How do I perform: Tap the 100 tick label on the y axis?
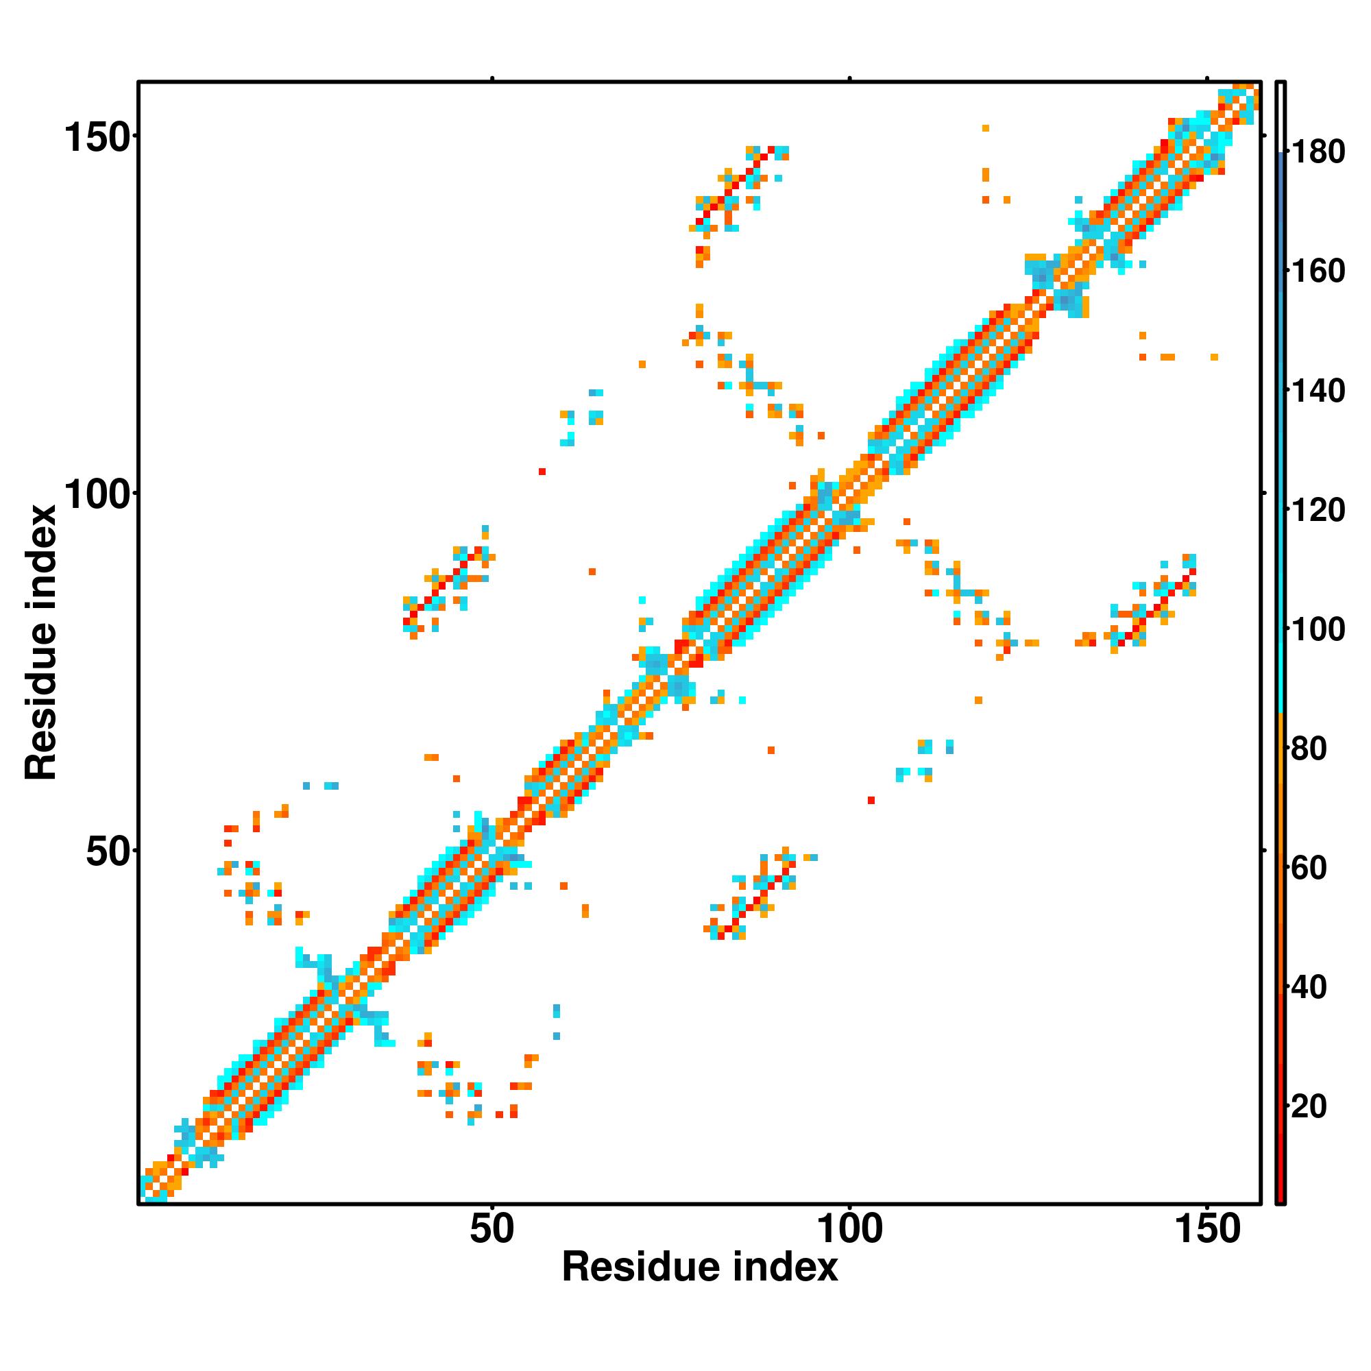[97, 494]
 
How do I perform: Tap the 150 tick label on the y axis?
[97, 137]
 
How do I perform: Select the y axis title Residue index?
[40, 643]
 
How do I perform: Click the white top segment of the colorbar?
[1281, 118]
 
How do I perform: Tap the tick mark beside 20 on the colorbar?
[1287, 1106]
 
